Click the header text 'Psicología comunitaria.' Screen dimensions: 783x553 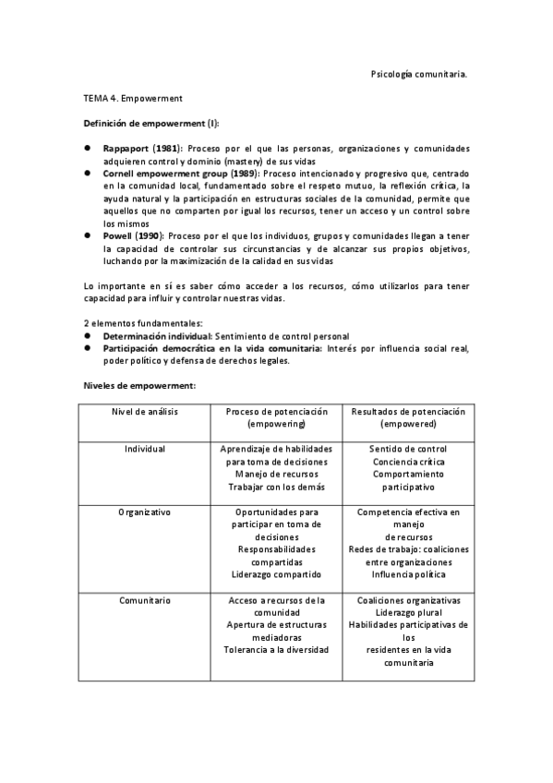[x=417, y=73]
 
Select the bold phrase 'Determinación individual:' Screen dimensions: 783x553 [x=157, y=336]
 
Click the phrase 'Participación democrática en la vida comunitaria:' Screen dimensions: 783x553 [x=213, y=348]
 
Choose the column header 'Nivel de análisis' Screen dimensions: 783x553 [x=145, y=411]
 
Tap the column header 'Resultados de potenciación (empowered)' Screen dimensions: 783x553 [x=408, y=417]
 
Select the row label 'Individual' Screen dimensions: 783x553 [x=145, y=449]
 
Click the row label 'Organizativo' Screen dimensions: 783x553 [x=145, y=511]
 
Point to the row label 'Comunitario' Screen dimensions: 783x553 [x=145, y=600]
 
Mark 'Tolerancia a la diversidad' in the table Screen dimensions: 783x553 [x=276, y=650]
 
